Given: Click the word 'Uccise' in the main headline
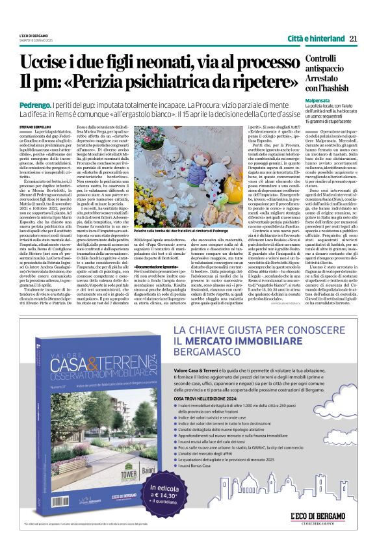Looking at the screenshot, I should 45,63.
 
